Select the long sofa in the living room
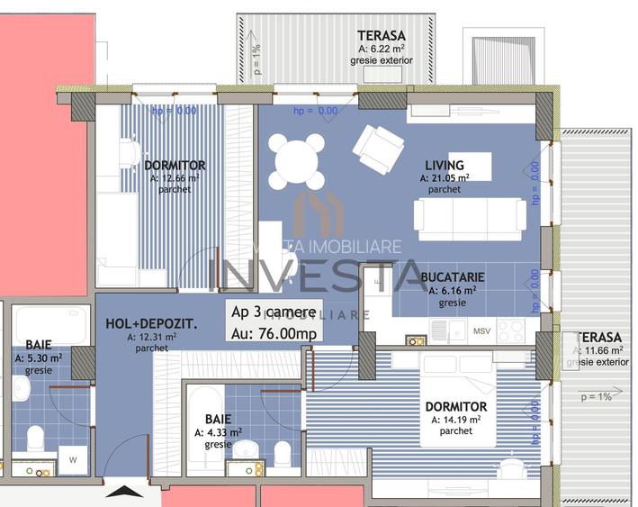(469, 217)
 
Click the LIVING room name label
(445, 166)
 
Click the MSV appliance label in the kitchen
(481, 330)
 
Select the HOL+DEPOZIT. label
(152, 324)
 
